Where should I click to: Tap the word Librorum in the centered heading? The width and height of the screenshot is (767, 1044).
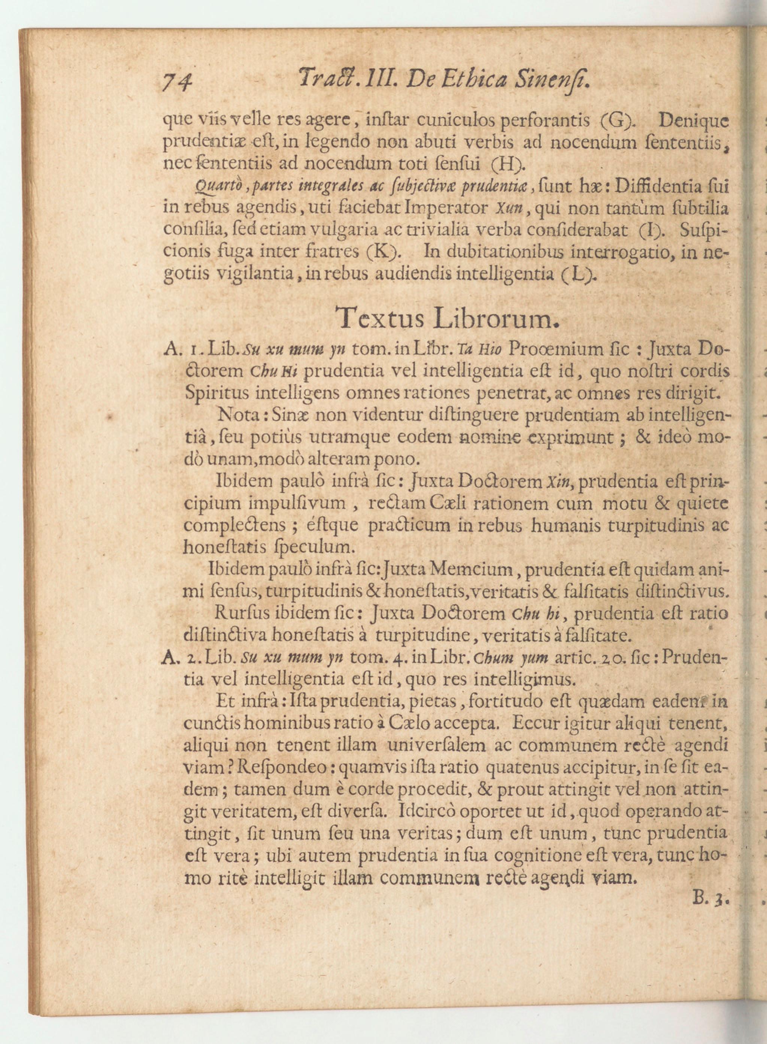[494, 318]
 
